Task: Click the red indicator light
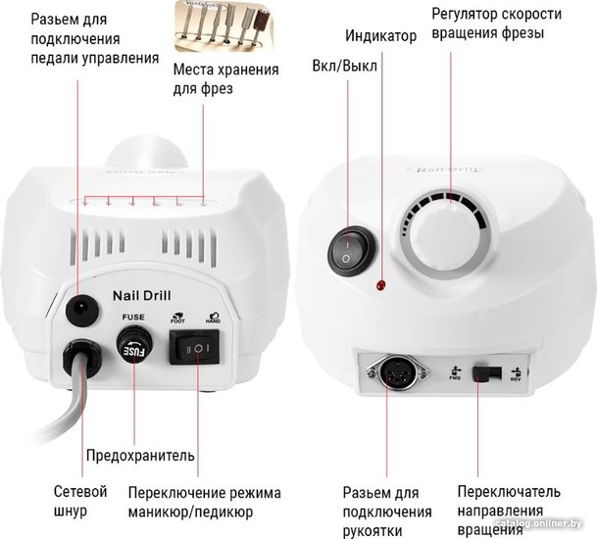(380, 284)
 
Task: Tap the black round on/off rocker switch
(351, 251)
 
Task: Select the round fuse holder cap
(134, 346)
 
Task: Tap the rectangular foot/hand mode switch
(194, 347)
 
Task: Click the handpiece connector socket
(396, 371)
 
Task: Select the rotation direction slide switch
(486, 373)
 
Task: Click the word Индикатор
(380, 36)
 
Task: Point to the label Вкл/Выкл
(344, 66)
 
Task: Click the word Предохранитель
(140, 455)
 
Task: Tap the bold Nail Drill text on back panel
(141, 296)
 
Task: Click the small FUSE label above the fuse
(133, 318)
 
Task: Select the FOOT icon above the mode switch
(177, 318)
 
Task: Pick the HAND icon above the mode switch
(214, 318)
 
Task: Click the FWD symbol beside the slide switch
(455, 373)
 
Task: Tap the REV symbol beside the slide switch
(517, 374)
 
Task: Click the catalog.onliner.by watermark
(538, 523)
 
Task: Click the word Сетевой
(80, 491)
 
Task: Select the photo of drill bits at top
(224, 25)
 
